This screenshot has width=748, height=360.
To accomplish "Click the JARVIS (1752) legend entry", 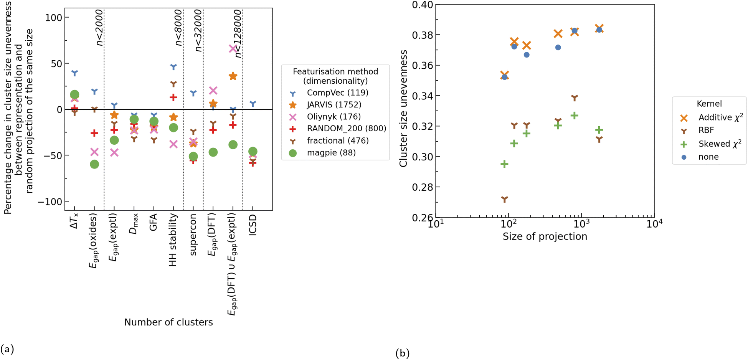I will tap(334, 105).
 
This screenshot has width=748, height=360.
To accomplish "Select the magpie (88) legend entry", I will tap(331, 153).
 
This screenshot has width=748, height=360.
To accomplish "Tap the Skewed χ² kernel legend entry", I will tap(719, 144).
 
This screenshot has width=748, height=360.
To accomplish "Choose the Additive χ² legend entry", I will tap(720, 117).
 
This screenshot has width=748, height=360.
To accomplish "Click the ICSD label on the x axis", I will tap(253, 225).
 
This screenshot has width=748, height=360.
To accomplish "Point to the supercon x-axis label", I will tap(193, 235).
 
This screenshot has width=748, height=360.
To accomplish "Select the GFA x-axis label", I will tap(153, 223).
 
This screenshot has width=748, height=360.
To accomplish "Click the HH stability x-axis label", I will tap(173, 240).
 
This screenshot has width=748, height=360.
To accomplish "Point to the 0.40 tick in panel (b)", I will tap(422, 5).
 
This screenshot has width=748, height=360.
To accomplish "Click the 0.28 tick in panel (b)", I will tap(422, 187).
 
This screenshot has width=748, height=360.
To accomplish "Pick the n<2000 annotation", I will tap(99, 28).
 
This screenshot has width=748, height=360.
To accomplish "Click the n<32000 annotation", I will tap(198, 31).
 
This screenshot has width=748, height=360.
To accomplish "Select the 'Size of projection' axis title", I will tap(545, 236).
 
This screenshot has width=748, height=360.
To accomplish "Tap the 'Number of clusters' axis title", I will tap(168, 322).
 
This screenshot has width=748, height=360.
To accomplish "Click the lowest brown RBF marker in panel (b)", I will tap(505, 199).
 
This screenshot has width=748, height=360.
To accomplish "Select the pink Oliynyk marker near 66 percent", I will tap(233, 49).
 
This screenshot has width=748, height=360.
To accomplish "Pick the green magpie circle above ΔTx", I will tap(74, 94).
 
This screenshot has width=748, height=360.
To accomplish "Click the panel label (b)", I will tap(402, 353).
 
